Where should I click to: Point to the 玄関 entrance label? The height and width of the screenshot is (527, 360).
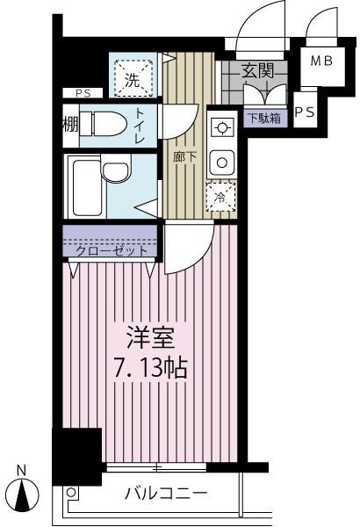point(257,71)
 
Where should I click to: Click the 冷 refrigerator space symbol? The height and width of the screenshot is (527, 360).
point(221,197)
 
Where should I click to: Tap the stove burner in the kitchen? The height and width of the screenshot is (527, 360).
point(222,128)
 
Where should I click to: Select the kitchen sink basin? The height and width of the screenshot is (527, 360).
point(223,161)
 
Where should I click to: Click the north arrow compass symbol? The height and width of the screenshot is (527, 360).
point(25,495)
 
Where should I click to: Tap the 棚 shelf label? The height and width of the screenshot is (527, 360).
point(70,126)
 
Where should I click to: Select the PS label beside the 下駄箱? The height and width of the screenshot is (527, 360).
point(304,112)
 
